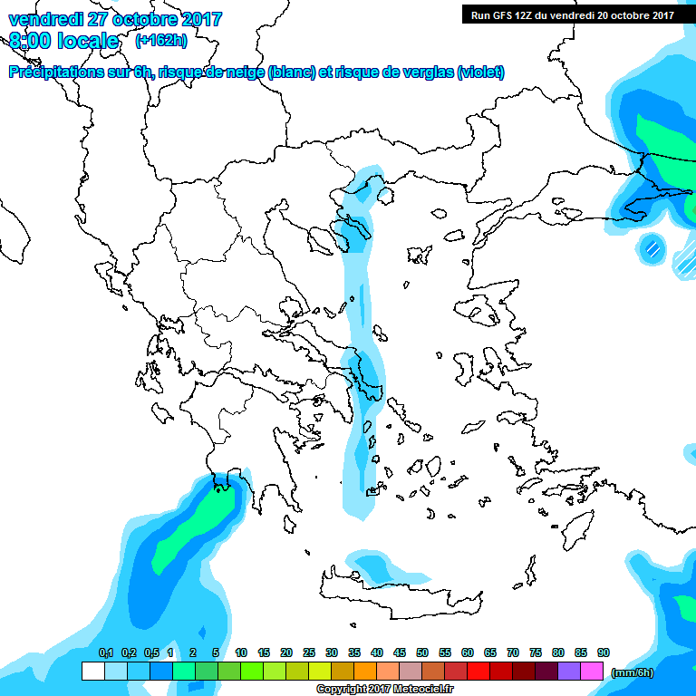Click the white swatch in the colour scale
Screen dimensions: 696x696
(93, 672)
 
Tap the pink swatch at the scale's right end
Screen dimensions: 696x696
(592, 672)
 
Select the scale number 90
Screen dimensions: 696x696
(604, 652)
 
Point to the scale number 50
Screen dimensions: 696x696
(422, 652)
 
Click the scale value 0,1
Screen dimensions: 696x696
(105, 652)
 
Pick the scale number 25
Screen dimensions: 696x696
(309, 652)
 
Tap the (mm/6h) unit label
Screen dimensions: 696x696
(632, 672)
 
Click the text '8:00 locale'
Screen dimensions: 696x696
(64, 41)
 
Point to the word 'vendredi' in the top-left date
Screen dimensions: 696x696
(43, 19)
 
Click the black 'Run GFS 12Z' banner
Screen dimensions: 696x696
(572, 14)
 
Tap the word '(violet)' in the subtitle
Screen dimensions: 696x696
(480, 72)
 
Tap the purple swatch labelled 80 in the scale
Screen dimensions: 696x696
(546, 672)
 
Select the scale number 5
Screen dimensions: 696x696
(216, 652)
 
